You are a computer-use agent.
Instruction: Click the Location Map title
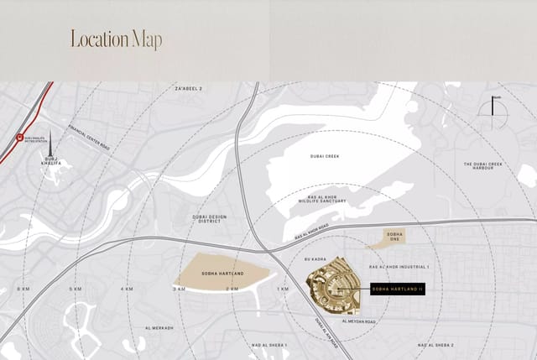pos(116,39)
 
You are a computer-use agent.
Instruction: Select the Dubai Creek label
pos(323,156)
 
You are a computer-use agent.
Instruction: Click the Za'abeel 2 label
pos(189,88)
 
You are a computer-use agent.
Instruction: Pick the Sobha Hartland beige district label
pos(222,274)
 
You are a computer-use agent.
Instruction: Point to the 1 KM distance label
pos(282,289)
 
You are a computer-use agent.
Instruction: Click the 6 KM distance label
pos(23,289)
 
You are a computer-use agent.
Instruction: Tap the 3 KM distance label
pos(178,289)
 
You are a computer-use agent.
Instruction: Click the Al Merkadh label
pos(159,328)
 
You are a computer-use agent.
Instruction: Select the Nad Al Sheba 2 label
pos(436,345)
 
